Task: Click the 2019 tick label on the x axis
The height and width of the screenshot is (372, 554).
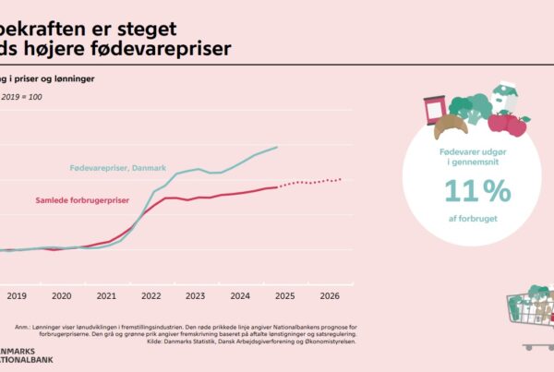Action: coord(17,296)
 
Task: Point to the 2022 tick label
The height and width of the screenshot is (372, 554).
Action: coord(151,296)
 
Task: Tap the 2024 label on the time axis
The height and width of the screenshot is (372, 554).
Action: coord(240,296)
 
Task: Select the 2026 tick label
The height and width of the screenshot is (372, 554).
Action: coord(330,296)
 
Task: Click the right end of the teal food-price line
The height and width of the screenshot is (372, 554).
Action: coord(278,147)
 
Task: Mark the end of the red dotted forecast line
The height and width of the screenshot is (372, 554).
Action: coord(341,179)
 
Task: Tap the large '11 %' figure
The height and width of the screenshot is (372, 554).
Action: coord(476,190)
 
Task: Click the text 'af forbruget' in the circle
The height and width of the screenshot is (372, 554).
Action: coord(476,222)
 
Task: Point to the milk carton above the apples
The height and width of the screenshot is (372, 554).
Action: coord(504,95)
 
